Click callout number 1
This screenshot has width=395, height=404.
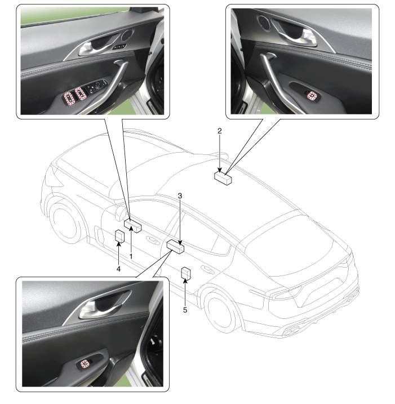131,256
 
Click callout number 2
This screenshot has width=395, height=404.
220,131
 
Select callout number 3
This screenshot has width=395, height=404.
180,196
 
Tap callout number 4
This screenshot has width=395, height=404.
118,269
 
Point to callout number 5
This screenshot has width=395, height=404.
185,310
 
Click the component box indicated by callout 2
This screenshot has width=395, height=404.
223,178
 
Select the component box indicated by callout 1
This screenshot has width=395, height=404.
132,226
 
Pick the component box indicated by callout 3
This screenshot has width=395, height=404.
175,247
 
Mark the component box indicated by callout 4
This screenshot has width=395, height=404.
119,236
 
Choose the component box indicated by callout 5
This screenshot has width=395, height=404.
186,273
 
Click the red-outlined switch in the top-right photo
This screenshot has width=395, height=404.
312,96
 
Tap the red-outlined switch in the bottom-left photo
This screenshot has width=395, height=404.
85,364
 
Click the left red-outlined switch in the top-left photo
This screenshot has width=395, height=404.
69,98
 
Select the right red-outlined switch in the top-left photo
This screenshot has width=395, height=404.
80,94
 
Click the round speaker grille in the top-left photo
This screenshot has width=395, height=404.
127,35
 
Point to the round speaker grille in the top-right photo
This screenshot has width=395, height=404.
264,22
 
